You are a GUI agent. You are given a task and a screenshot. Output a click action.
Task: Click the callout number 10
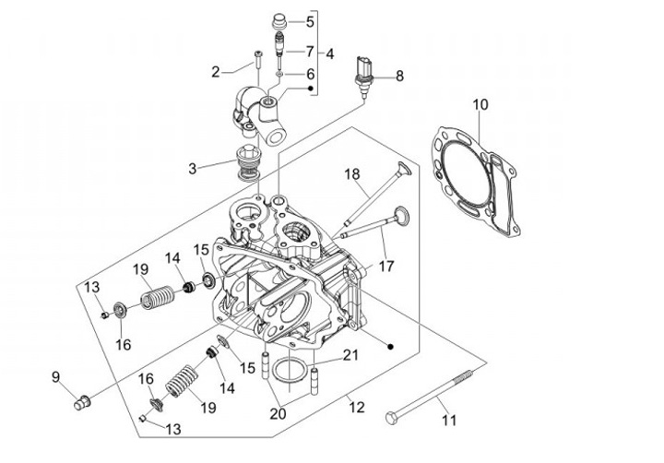480,104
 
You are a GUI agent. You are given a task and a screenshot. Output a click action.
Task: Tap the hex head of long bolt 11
391,418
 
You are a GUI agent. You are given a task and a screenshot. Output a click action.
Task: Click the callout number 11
449,421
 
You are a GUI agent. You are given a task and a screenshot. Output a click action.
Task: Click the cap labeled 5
279,21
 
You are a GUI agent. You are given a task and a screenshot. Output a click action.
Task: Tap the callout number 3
193,169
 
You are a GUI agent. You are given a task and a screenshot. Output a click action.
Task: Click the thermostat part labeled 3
248,162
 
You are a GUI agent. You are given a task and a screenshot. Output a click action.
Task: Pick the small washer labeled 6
279,75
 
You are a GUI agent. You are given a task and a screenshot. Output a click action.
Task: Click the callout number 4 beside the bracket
329,53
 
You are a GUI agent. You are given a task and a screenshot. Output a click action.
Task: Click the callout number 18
352,173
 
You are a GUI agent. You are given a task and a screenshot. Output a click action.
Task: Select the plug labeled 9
82,402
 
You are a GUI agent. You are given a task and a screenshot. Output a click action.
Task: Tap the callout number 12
357,407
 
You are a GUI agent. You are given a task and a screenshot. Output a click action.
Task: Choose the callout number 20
279,413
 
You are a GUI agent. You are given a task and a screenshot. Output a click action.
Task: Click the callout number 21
350,355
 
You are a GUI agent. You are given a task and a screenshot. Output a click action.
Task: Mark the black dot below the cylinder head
390,346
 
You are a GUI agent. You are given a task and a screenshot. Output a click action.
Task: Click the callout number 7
310,52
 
